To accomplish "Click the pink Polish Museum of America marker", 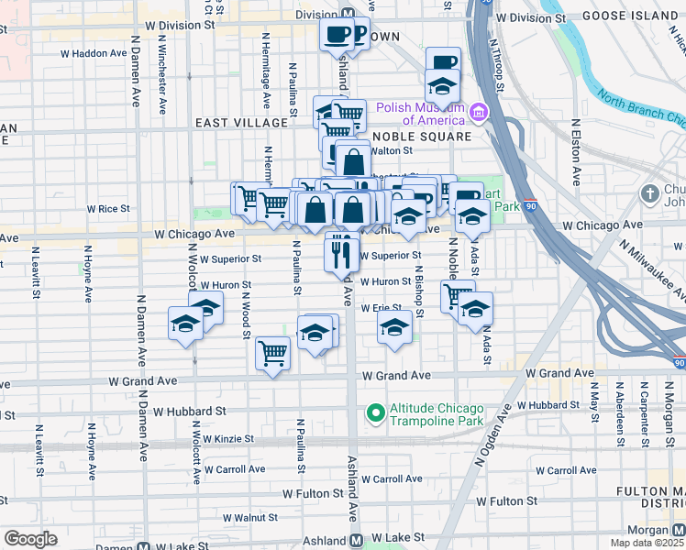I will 477,113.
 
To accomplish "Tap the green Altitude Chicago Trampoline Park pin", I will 375,413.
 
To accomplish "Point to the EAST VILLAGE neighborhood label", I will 228,123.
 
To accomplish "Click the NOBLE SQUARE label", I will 422,137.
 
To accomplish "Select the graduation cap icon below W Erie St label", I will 394,327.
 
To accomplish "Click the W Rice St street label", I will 108,209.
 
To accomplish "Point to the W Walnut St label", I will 241,518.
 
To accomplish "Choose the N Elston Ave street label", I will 576,152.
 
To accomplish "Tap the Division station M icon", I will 349,15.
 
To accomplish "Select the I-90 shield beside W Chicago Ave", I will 530,206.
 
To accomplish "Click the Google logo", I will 30,538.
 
